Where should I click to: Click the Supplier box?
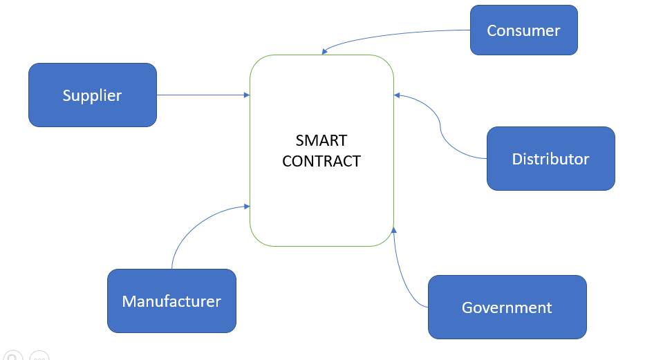92,95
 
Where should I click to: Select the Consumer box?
523,30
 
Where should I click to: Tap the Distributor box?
550,159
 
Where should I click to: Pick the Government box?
507,307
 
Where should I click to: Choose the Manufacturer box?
171,301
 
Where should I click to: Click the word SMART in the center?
321,140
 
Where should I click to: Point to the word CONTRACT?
321,161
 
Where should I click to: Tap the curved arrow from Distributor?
441,128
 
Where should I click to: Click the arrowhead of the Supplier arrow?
246,95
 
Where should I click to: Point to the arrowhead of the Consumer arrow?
325,52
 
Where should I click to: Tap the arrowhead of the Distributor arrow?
397,95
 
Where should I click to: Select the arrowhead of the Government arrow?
393,231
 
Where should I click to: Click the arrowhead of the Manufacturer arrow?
246,206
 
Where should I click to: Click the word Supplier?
92,95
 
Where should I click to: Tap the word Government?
507,307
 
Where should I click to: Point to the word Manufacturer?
171,301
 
